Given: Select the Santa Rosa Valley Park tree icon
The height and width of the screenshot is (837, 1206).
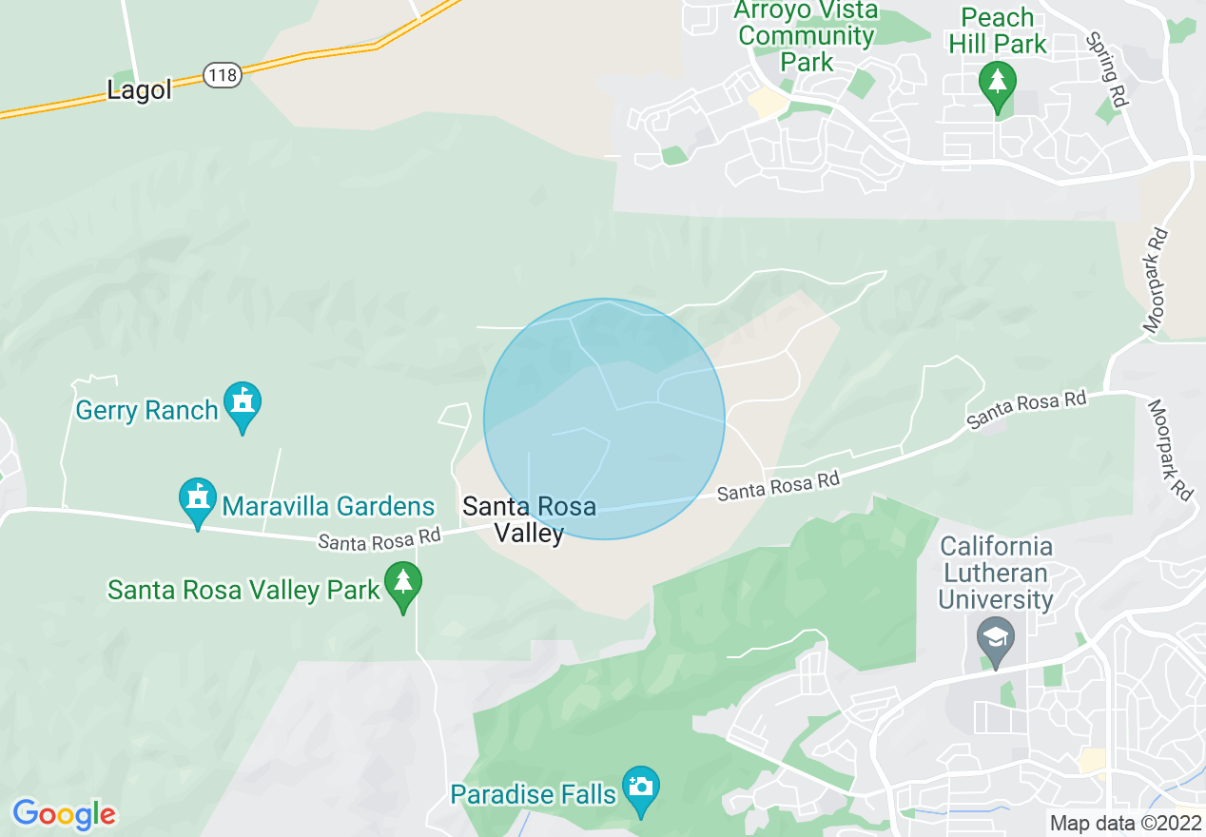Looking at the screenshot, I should [x=403, y=581].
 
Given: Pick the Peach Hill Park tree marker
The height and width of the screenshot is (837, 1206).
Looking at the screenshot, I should [x=998, y=83].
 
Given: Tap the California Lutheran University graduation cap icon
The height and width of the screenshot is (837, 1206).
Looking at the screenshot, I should [x=996, y=636].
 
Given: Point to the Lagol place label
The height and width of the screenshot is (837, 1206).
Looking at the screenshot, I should [x=140, y=90].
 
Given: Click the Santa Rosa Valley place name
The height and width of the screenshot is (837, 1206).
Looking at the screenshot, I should [x=529, y=519].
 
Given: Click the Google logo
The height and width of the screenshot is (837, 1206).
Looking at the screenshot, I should [x=64, y=814].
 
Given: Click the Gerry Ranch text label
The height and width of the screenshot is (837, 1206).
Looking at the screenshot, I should [x=147, y=411].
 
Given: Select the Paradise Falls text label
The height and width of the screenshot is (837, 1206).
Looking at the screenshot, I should [x=533, y=793].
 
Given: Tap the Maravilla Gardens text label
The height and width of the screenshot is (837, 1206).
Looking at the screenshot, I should [x=328, y=507].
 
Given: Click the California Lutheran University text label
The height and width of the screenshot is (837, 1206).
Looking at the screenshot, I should [x=996, y=574].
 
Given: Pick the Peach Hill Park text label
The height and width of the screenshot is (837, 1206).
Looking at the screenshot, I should [x=998, y=30].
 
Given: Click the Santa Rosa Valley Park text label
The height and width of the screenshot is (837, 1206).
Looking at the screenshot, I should [x=243, y=590].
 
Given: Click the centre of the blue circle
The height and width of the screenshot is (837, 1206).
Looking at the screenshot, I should [x=604, y=419].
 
